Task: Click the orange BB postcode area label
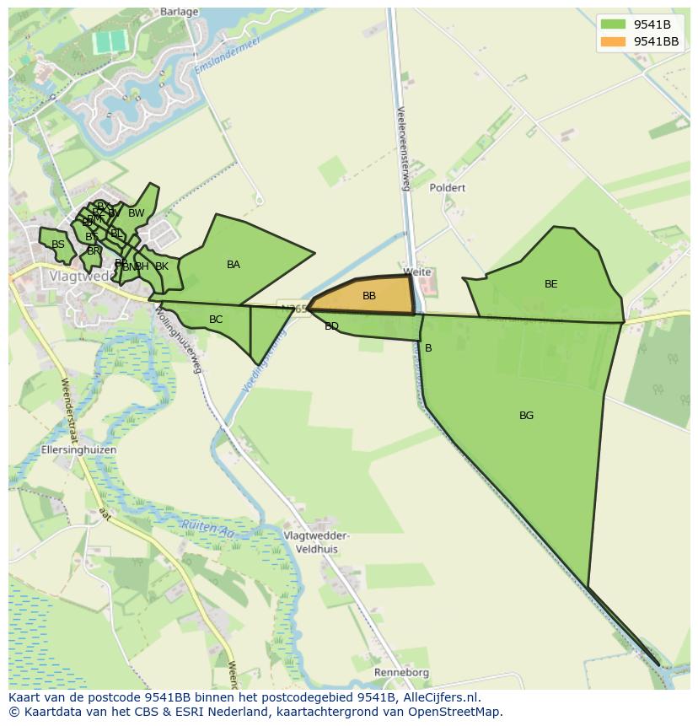369,296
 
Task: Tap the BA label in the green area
234,265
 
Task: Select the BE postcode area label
550,284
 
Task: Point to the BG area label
526,416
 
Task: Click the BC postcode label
216,320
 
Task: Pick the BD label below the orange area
331,326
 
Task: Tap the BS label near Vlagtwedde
58,245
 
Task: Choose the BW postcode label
136,213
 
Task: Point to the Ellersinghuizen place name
78,450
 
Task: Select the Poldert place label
447,188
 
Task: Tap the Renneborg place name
402,673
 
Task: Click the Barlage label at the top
179,12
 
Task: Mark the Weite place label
417,272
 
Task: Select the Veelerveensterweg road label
402,148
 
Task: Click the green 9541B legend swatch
613,24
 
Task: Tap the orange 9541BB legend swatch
613,41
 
